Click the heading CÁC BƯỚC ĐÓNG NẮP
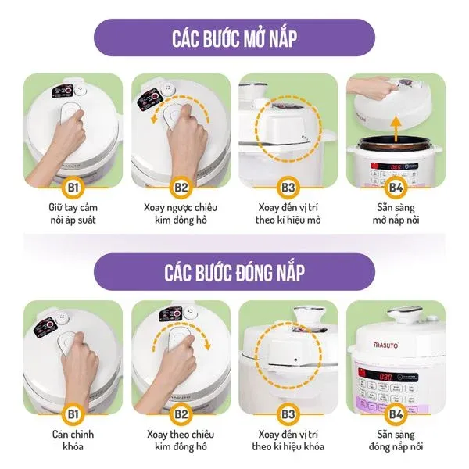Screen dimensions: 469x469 pos(234,271)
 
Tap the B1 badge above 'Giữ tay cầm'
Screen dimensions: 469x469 pos(72,188)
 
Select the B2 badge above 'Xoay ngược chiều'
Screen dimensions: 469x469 pos(181,188)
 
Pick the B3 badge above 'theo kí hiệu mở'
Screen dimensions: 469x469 pos(288,188)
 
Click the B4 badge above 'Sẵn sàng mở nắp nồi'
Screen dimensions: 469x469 pos(397,188)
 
